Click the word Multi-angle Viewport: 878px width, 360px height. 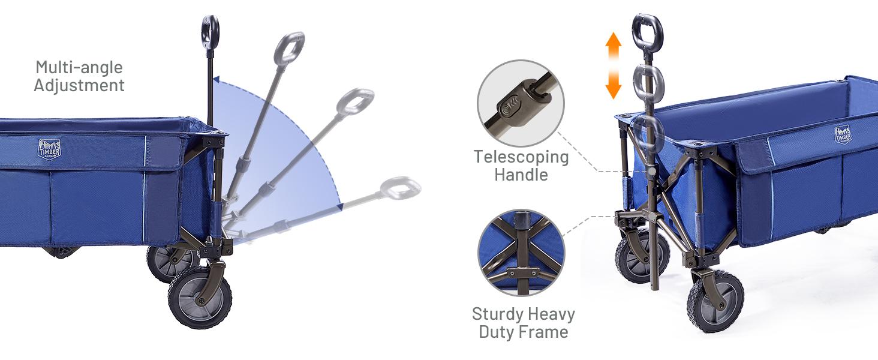pyautogui.click(x=79, y=67)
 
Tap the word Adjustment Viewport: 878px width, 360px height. pyautogui.click(x=79, y=85)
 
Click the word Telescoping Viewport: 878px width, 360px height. pyautogui.click(x=521, y=157)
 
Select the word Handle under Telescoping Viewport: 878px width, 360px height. pyautogui.click(x=521, y=175)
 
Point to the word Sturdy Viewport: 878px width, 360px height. pyautogui.click(x=496, y=314)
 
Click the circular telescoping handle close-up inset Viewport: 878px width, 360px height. pyautogui.click(x=521, y=103)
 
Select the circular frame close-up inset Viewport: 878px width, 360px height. pyautogui.click(x=521, y=253)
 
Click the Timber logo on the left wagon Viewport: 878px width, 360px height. pyautogui.click(x=49, y=149)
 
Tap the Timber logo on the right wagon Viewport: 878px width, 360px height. pyautogui.click(x=843, y=134)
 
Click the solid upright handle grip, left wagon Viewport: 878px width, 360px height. pyautogui.click(x=211, y=30)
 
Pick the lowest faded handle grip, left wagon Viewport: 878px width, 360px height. pyautogui.click(x=400, y=188)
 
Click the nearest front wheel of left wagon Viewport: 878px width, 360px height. pyautogui.click(x=200, y=297)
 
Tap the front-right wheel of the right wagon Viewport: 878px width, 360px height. pyautogui.click(x=715, y=301)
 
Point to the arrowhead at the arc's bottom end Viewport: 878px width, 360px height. pyautogui.click(x=340, y=206)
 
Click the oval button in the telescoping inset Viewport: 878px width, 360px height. pyautogui.click(x=509, y=106)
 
